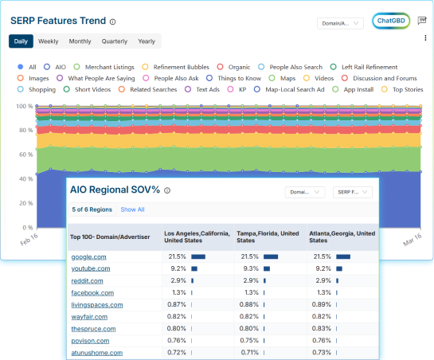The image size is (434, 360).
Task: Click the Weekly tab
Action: coord(48,41)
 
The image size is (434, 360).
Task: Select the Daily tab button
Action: coord(21,41)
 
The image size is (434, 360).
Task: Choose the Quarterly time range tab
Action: coord(114,41)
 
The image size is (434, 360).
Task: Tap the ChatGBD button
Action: coord(390,22)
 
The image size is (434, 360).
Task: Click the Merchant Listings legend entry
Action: coord(108,67)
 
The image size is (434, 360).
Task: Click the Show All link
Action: coord(132,209)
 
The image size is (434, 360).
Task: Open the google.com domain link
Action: coord(89,257)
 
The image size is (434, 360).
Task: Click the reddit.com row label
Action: coord(88,281)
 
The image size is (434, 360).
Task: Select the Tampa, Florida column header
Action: coord(268,237)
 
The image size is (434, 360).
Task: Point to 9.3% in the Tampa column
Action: coord(248,269)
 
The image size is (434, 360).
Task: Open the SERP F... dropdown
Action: coord(351,192)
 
